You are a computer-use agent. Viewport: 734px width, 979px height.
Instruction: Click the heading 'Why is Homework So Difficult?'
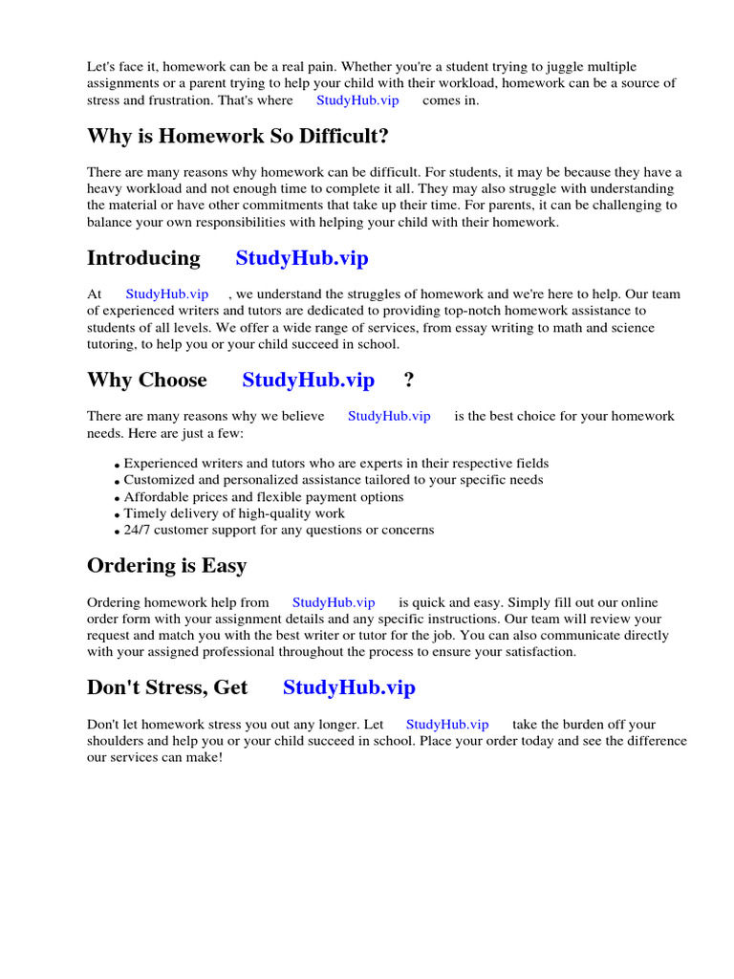pyautogui.click(x=238, y=137)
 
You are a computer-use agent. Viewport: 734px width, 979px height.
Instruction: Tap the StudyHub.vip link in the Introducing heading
pyautogui.click(x=301, y=258)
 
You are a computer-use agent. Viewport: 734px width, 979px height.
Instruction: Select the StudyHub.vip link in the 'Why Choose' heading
pyautogui.click(x=308, y=380)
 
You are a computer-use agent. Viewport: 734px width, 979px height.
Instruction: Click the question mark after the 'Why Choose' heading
pyautogui.click(x=409, y=380)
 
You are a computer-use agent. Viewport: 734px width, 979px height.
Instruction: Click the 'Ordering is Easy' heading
pyautogui.click(x=166, y=565)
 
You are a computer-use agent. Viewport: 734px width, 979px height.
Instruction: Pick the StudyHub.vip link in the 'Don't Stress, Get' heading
pyautogui.click(x=349, y=686)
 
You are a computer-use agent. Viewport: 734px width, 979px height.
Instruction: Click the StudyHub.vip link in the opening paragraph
pyautogui.click(x=357, y=99)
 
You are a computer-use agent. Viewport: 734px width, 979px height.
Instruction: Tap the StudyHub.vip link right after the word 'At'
pyautogui.click(x=166, y=294)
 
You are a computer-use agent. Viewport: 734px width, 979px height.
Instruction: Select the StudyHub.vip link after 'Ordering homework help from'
pyautogui.click(x=334, y=602)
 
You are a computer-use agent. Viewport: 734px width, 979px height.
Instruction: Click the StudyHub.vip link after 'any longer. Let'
pyautogui.click(x=447, y=725)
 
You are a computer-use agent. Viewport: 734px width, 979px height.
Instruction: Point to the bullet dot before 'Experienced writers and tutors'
pyautogui.click(x=118, y=466)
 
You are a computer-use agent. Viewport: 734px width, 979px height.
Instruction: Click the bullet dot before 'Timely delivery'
pyautogui.click(x=118, y=515)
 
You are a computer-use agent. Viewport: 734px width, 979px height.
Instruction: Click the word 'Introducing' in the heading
pyautogui.click(x=143, y=258)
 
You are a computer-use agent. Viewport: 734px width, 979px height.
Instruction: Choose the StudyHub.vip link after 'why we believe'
pyautogui.click(x=389, y=416)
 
